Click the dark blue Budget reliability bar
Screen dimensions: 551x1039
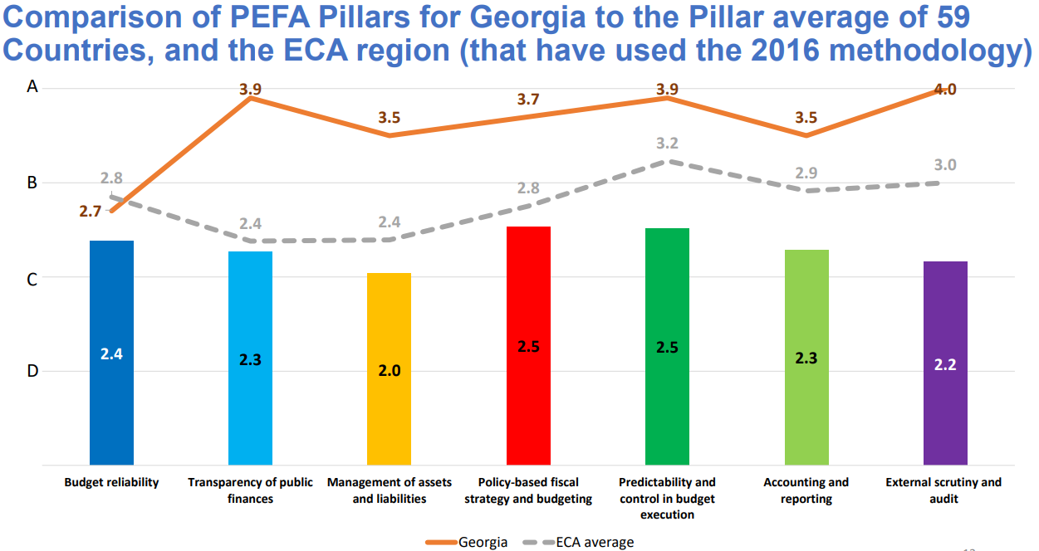point(111,352)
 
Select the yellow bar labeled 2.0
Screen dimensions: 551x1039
point(389,368)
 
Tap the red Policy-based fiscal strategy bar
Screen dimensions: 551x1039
point(528,345)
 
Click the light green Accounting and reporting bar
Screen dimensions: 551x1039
point(806,357)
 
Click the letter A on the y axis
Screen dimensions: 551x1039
point(32,86)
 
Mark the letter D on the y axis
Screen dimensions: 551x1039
point(32,371)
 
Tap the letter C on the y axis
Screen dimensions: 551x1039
point(32,280)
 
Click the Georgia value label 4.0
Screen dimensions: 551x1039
point(945,90)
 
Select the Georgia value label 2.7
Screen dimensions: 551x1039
point(91,212)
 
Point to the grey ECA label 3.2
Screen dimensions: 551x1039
point(667,144)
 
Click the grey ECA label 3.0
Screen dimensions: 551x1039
point(945,164)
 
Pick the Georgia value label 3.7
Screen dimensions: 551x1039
point(528,100)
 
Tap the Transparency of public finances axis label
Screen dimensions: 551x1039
point(250,490)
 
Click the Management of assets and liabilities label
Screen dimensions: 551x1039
point(389,490)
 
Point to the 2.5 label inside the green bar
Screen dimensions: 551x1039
point(667,347)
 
